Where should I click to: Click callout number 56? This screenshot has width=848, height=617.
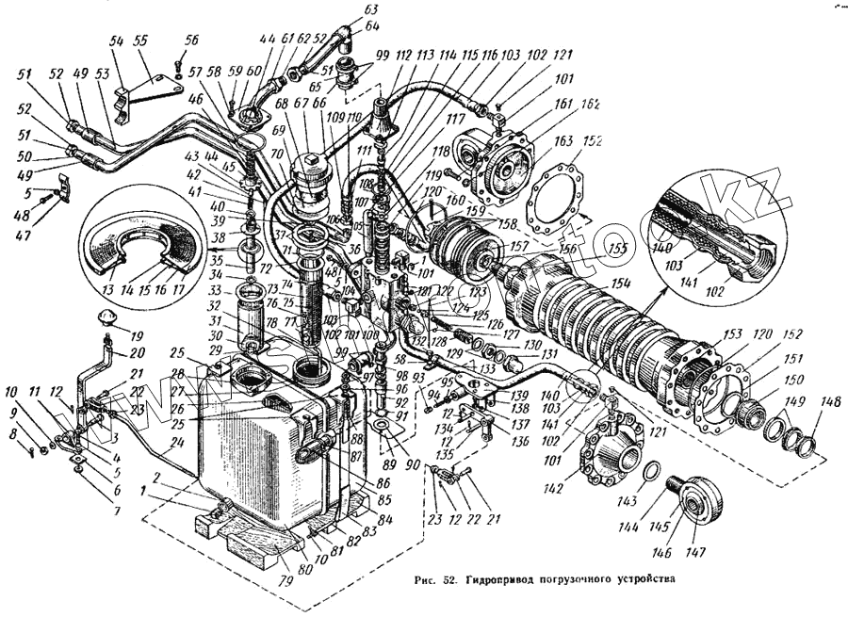click(193, 41)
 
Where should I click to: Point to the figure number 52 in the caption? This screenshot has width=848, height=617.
click(449, 579)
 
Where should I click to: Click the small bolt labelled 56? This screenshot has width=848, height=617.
click(178, 62)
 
